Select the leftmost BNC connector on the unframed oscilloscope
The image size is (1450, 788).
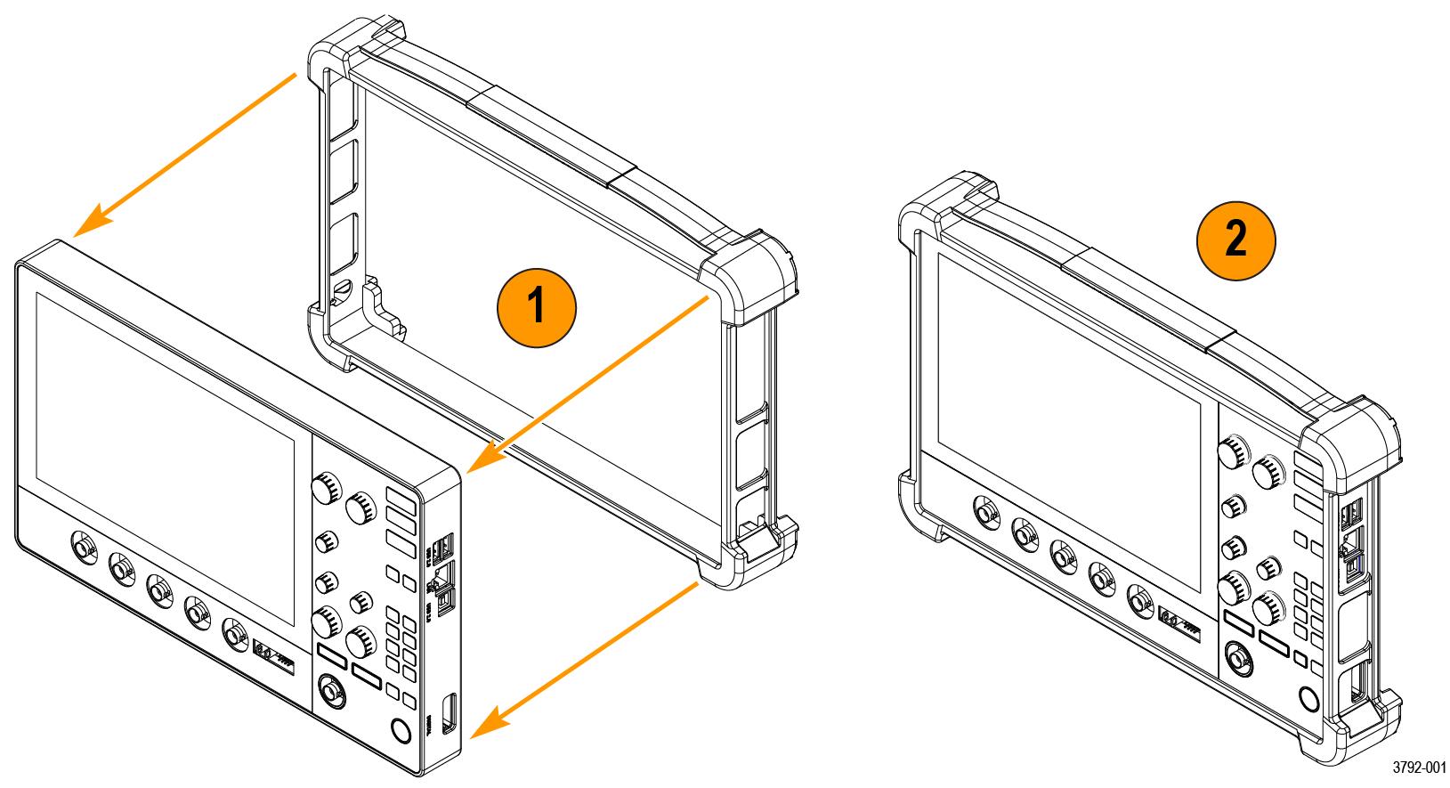(83, 548)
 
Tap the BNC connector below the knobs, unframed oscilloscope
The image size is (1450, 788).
(329, 692)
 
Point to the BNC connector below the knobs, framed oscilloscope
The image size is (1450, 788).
(1235, 656)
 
